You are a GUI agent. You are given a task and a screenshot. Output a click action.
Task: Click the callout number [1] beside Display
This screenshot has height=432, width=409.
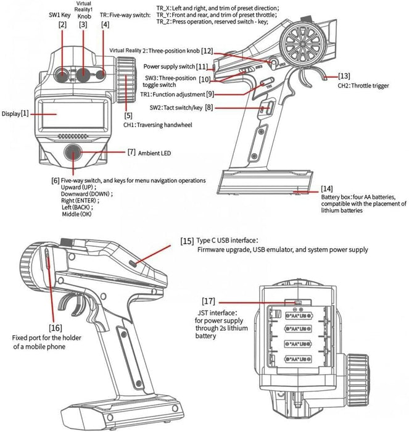pos(25,114)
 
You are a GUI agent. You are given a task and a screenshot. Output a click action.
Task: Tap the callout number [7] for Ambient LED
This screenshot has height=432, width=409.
pos(131,152)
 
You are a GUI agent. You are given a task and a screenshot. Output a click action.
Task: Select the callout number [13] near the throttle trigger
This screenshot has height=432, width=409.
pos(344,76)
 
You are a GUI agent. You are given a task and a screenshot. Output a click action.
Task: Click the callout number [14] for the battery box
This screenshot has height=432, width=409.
pos(327,188)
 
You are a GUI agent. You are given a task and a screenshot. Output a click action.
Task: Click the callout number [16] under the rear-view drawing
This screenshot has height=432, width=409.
pos(56,327)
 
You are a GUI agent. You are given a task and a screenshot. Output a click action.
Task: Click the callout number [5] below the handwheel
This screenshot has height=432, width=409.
pos(128,115)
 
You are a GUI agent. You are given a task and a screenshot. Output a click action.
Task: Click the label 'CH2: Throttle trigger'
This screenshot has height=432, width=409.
pos(364,85)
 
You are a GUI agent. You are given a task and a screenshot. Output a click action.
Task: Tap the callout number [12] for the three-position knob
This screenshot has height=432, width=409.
pos(207,50)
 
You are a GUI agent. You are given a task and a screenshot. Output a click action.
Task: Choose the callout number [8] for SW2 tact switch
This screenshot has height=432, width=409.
pos(209,107)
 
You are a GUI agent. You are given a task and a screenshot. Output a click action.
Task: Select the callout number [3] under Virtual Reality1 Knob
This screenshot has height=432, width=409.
pos(83,25)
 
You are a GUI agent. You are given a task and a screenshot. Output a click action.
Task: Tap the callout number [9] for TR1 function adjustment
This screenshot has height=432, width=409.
pos(210,94)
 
